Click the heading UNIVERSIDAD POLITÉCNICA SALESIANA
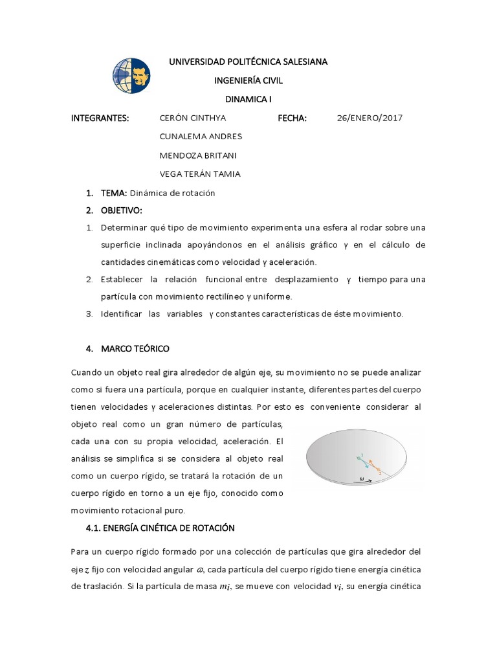click(x=248, y=62)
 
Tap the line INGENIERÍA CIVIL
click(x=248, y=81)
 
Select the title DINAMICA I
click(x=248, y=100)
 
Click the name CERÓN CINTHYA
click(x=192, y=118)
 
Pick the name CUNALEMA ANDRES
click(x=200, y=137)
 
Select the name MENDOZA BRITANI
click(x=199, y=155)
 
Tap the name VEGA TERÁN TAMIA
click(x=199, y=174)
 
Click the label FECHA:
click(x=292, y=118)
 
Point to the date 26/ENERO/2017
click(x=370, y=118)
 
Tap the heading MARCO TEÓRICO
click(x=135, y=349)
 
